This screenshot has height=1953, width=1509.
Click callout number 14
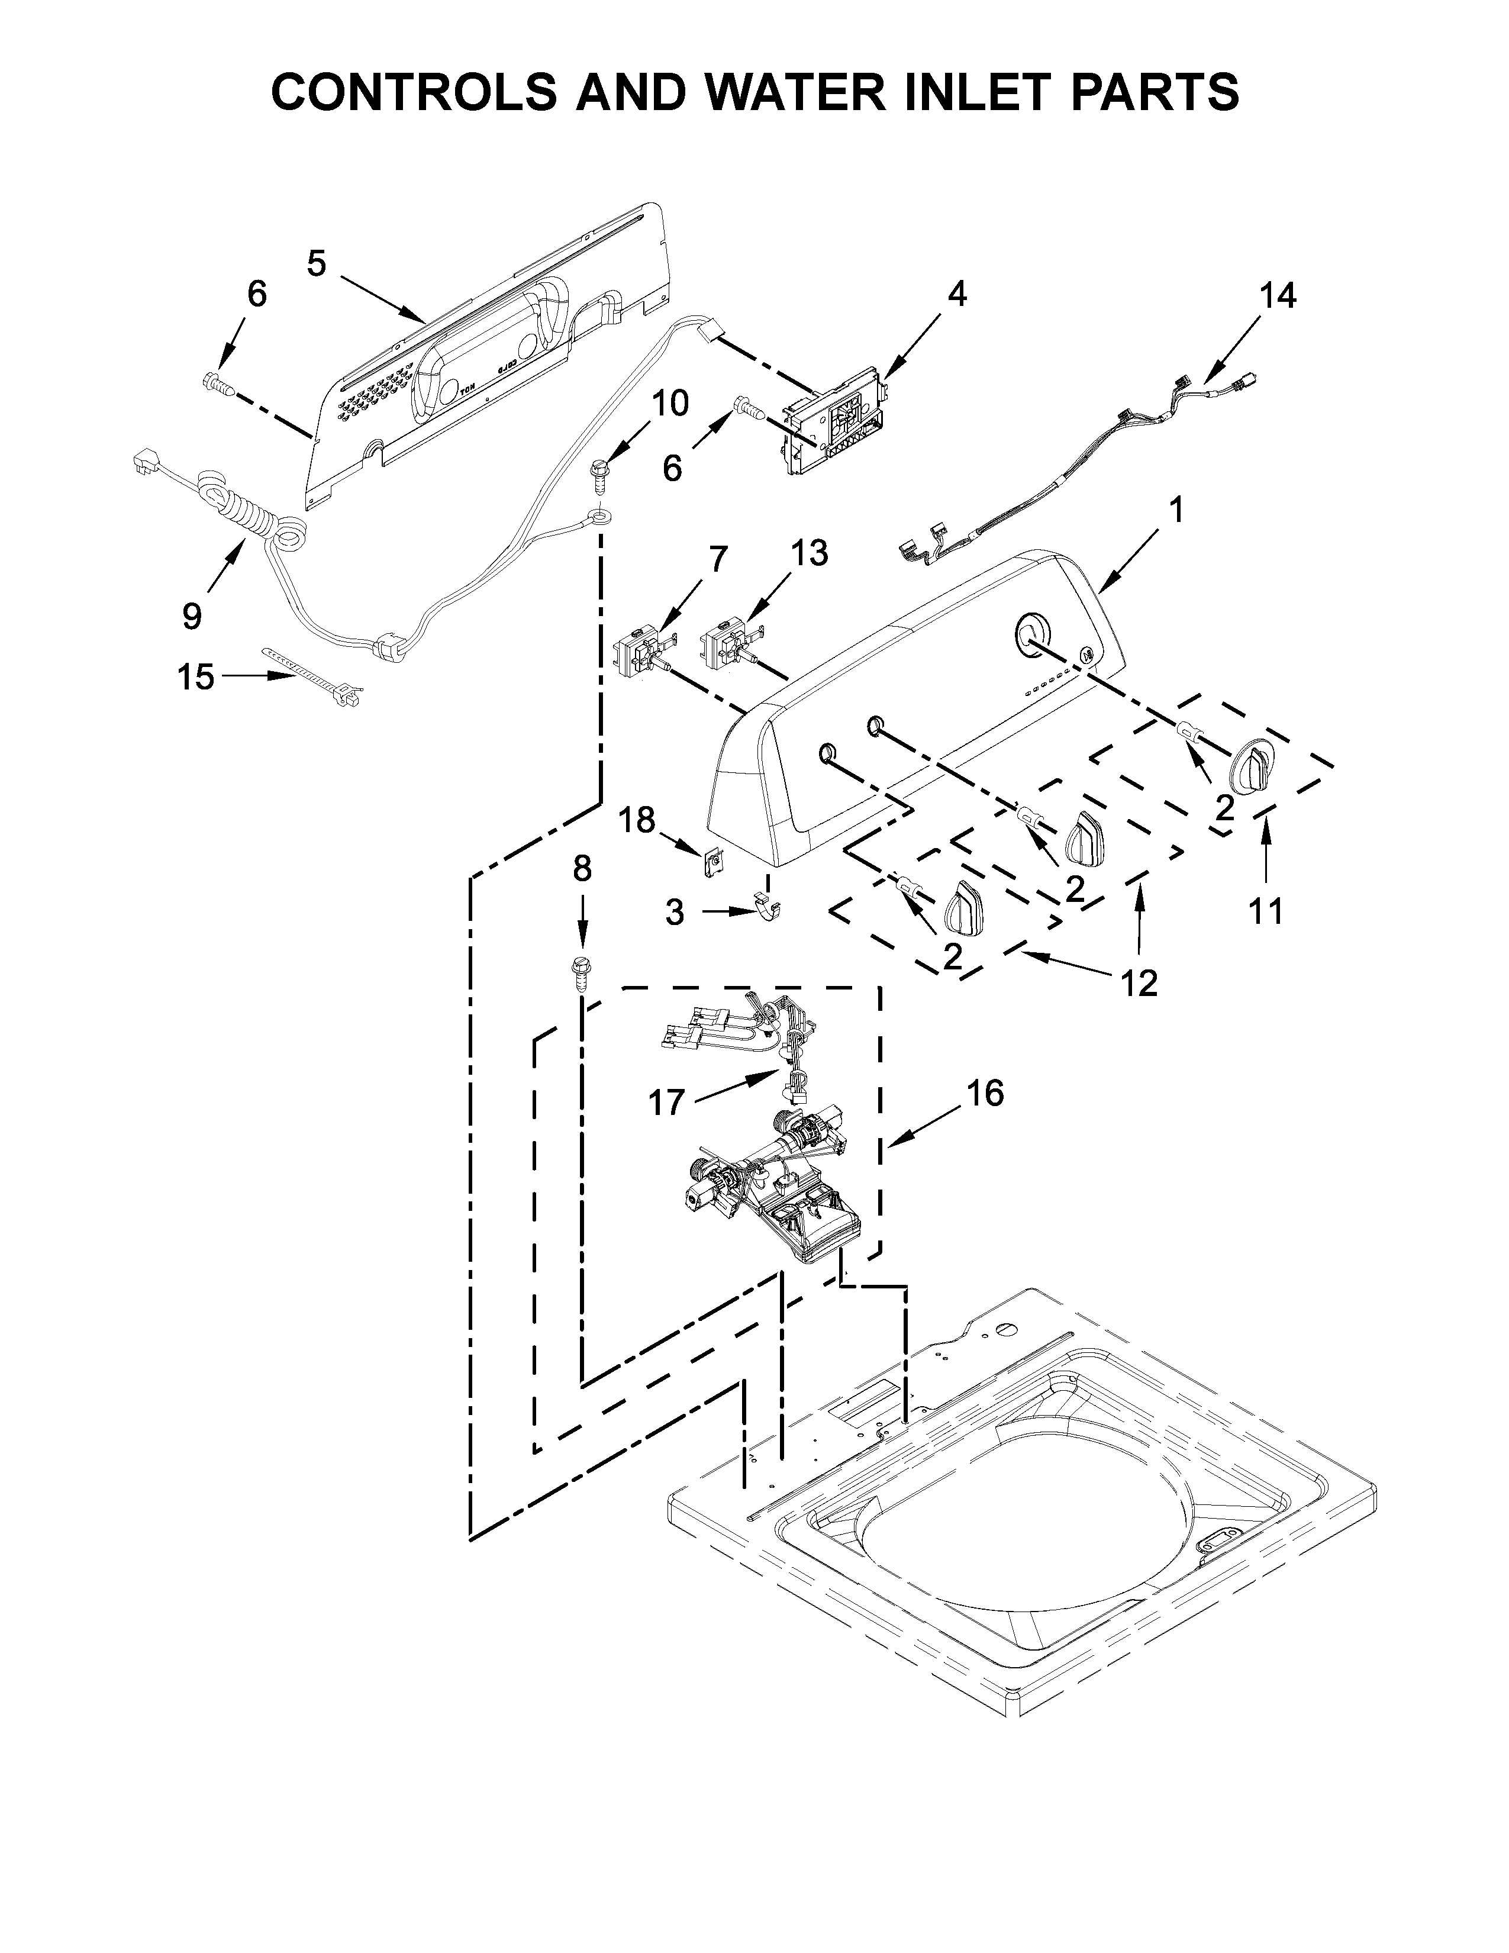[x=1278, y=295]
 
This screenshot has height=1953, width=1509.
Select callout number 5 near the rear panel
[x=317, y=263]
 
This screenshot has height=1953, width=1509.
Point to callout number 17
[x=666, y=1103]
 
